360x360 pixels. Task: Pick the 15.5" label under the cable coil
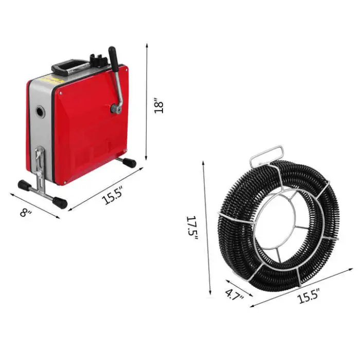click(x=308, y=295)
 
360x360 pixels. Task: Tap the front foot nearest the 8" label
click(x=24, y=185)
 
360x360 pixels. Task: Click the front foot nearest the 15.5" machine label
click(x=60, y=202)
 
